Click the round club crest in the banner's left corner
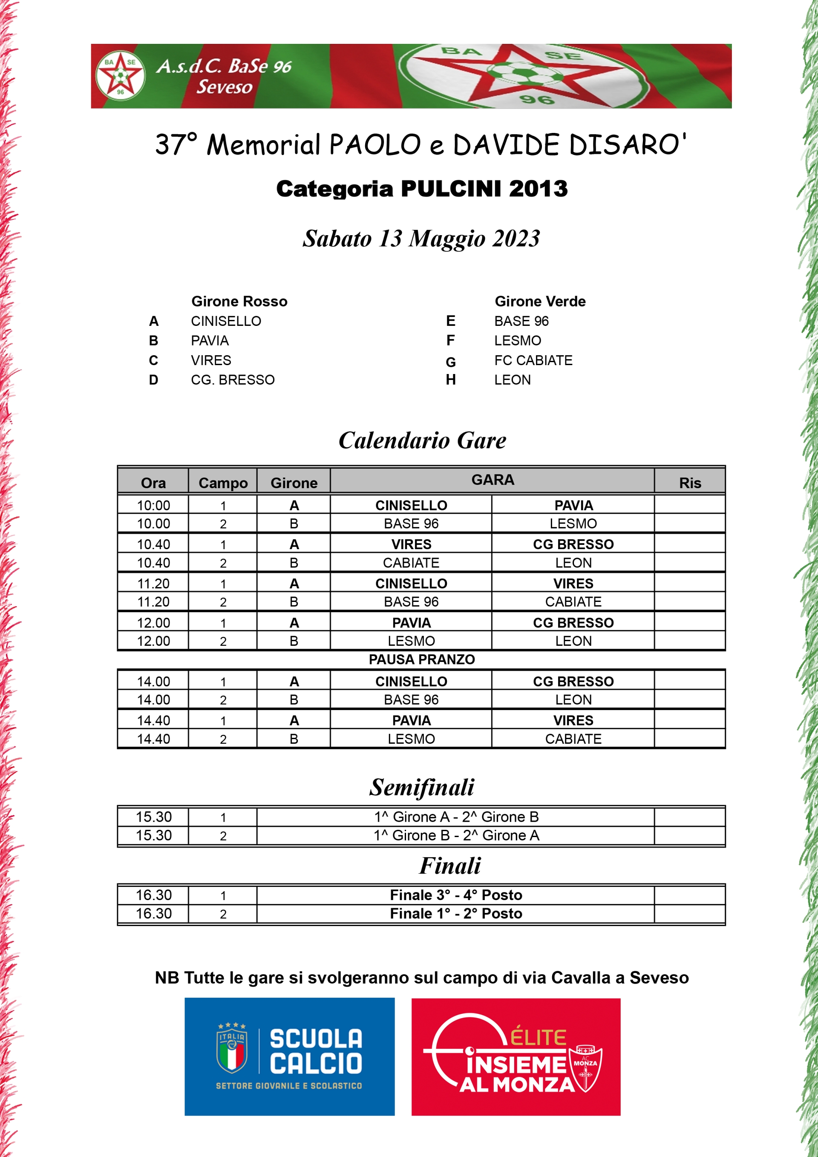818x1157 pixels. (x=120, y=75)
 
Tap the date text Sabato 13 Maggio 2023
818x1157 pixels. (x=421, y=239)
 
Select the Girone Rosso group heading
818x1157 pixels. (x=239, y=301)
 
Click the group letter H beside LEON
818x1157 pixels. (x=451, y=380)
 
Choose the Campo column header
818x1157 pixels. (x=223, y=483)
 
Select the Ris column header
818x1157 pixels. (x=689, y=483)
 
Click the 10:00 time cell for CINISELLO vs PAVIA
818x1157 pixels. (x=153, y=505)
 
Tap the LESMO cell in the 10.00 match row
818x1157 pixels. (x=573, y=524)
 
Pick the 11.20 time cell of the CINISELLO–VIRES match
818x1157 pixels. (x=153, y=584)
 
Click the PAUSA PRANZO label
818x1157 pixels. (x=421, y=659)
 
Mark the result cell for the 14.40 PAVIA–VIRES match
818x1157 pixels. (x=689, y=721)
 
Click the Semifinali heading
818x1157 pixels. (x=421, y=788)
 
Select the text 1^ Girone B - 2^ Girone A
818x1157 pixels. (x=456, y=835)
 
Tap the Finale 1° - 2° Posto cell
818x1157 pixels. (x=456, y=914)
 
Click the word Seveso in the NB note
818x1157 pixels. (x=659, y=978)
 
